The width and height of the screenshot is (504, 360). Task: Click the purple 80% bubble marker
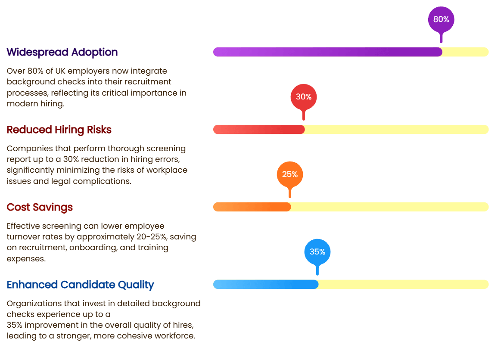point(441,20)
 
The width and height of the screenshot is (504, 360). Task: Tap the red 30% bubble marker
point(304,97)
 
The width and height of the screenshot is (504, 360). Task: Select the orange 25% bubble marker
point(290,175)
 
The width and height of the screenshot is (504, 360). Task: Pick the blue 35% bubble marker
point(317,252)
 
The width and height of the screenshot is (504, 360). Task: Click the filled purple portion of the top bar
point(327,52)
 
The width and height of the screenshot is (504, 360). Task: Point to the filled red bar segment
point(259,130)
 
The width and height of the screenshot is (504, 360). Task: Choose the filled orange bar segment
point(252,207)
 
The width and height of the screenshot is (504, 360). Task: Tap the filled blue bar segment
point(266,285)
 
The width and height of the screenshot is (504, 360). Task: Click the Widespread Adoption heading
point(62,52)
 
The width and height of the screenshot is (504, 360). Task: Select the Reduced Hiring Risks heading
point(59,130)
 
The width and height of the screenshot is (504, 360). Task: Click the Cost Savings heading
point(40,207)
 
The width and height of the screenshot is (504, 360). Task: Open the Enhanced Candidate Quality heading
point(80,285)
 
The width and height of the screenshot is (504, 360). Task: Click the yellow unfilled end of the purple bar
point(465,52)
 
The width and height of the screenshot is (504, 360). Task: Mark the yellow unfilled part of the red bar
point(396,130)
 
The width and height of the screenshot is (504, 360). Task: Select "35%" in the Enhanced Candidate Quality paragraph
point(15,325)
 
